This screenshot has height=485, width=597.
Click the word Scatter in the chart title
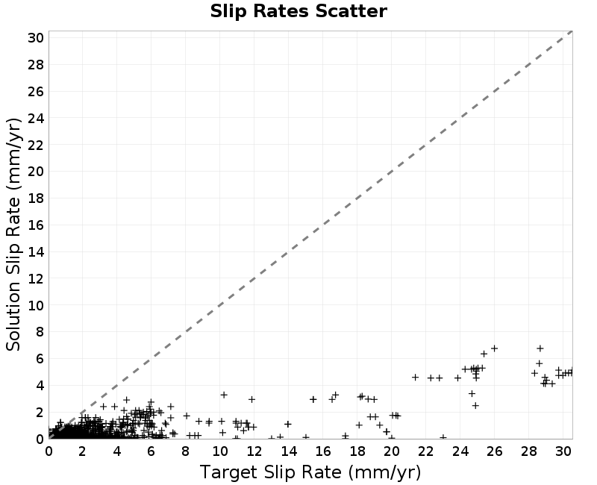351,11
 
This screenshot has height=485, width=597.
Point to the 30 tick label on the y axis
36,38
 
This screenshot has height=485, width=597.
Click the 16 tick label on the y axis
36,225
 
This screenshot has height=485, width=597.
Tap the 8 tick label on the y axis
40,332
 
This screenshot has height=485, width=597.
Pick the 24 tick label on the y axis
36,118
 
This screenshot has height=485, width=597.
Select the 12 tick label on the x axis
254,451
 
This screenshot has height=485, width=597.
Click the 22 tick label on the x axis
425,451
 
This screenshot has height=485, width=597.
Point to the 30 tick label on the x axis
563,451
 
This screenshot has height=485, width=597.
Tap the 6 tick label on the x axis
151,451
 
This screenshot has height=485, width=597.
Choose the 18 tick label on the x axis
357,451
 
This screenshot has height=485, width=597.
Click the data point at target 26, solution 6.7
494,348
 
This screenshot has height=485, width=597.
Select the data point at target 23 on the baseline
443,437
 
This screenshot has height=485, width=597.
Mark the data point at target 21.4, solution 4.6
416,378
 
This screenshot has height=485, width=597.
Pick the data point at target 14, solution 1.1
288,424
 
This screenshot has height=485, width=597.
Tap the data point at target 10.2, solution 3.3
224,395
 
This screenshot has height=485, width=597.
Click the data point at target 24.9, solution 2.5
475,405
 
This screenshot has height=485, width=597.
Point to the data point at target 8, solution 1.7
187,416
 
